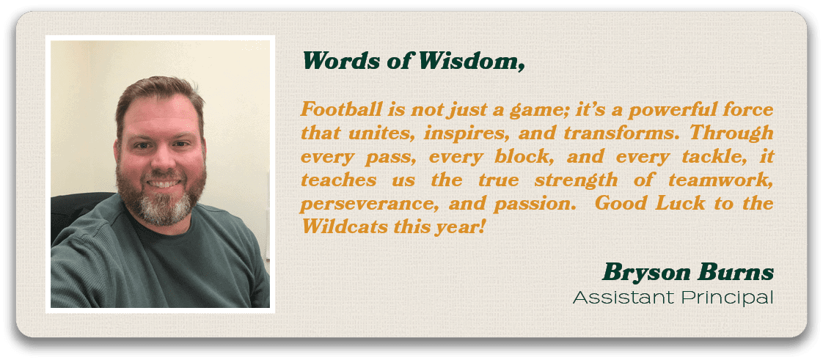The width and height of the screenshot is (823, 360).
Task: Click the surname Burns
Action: pos(737,273)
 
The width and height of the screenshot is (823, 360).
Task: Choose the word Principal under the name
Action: pos(728,298)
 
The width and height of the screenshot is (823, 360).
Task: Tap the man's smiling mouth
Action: pos(164,183)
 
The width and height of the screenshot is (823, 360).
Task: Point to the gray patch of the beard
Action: pos(166,209)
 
